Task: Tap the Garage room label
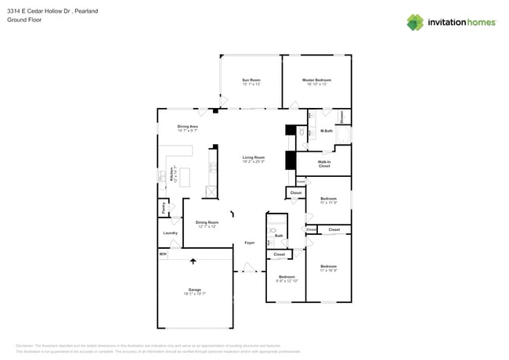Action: (194, 290)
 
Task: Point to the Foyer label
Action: (249, 243)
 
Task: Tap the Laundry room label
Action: (170, 232)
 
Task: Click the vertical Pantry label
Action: (163, 208)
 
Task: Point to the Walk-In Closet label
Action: (323, 164)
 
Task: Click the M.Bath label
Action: (327, 131)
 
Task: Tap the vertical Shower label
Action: (341, 117)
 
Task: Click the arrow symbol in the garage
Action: (193, 261)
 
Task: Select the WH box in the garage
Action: (163, 254)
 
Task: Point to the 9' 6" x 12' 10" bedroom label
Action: (287, 278)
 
